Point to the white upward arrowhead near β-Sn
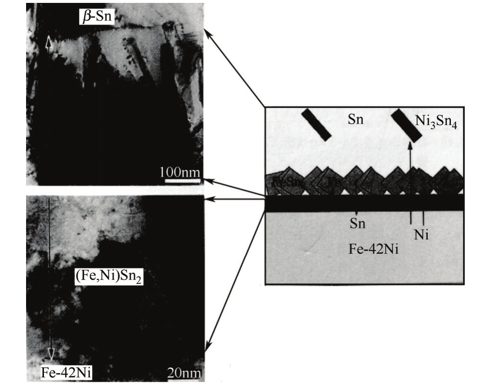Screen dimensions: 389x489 (x=48, y=42)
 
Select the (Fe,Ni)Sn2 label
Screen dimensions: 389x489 (x=109, y=278)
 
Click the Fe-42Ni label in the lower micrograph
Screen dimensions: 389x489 (x=67, y=372)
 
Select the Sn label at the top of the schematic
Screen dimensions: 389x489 (x=355, y=120)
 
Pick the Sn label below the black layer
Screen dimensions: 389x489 (x=357, y=223)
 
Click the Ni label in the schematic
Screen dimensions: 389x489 (x=420, y=235)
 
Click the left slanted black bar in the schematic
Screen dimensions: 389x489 (x=316, y=124)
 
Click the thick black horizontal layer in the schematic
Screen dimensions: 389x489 (x=364, y=203)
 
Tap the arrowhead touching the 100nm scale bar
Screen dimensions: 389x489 (x=207, y=181)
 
